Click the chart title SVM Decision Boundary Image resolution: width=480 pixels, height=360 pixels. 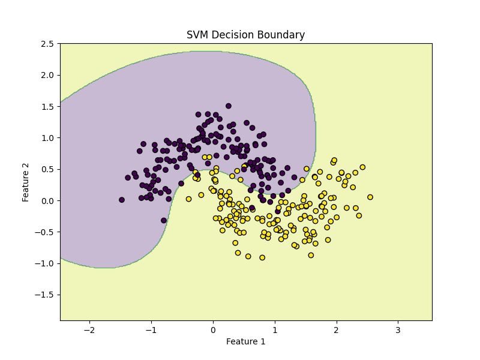tap(245, 35)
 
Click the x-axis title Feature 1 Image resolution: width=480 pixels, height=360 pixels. tap(245, 341)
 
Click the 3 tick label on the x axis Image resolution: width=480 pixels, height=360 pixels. tap(398, 330)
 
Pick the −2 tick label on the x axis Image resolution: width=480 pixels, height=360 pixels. tap(89, 330)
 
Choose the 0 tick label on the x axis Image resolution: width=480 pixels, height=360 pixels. tap(212, 330)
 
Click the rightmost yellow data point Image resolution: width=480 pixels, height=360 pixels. tap(370, 197)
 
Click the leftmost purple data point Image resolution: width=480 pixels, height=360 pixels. tap(122, 200)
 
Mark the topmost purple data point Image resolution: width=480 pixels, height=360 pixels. tap(229, 106)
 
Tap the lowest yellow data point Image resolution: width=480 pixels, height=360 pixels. tap(262, 257)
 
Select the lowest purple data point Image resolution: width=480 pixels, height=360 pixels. tap(164, 220)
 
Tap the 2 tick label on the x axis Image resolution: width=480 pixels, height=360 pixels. tap(336, 330)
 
